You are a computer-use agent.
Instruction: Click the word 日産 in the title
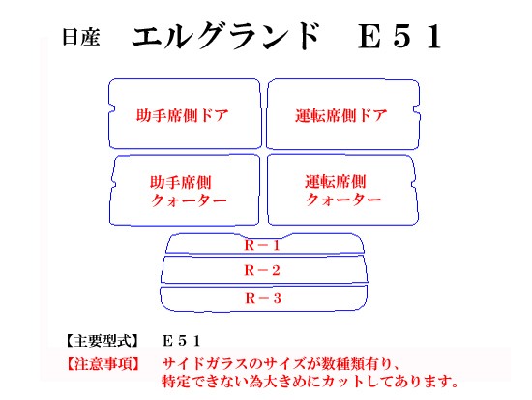point(80,37)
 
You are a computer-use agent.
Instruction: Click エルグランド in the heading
point(225,35)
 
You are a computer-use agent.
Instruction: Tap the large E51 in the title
point(400,37)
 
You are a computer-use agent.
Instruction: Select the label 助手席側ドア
point(182,115)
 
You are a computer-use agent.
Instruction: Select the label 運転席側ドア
point(341,115)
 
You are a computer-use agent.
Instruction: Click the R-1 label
point(262,245)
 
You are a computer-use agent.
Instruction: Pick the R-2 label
point(262,270)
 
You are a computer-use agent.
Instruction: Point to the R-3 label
point(263,298)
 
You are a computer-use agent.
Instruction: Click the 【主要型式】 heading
point(103,341)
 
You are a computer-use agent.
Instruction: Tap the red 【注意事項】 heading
point(103,363)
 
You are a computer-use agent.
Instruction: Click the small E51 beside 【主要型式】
point(182,341)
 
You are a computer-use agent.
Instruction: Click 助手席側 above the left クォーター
point(181,182)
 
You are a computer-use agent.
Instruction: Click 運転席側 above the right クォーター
point(336,181)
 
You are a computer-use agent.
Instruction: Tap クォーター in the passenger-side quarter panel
point(189,200)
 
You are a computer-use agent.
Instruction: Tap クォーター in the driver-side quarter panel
point(343,200)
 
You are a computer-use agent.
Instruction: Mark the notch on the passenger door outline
point(111,108)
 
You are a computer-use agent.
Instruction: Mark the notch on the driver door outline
point(416,109)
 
